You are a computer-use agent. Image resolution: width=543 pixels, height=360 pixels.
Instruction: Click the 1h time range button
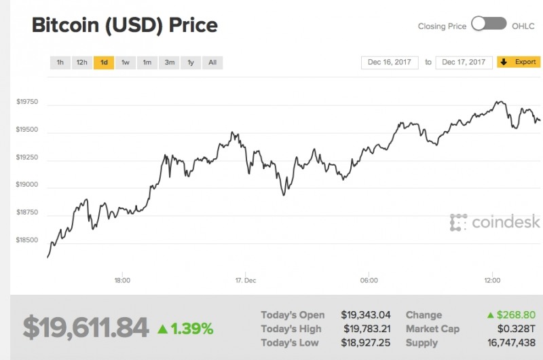pyautogui.click(x=60, y=62)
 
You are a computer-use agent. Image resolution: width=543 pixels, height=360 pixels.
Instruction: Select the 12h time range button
pyautogui.click(x=81, y=62)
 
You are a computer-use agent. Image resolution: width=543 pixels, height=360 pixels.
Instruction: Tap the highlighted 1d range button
pyautogui.click(x=104, y=62)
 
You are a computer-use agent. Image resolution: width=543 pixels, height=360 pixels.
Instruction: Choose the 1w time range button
pyautogui.click(x=126, y=62)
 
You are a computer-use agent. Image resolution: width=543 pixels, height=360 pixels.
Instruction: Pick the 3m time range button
pyautogui.click(x=169, y=62)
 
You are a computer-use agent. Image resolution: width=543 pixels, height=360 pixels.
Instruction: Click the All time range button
pyautogui.click(x=212, y=62)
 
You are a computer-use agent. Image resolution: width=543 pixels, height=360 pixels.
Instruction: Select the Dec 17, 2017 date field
pyautogui.click(x=464, y=62)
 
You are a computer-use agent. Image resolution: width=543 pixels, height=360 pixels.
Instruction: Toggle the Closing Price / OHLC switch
pyautogui.click(x=489, y=24)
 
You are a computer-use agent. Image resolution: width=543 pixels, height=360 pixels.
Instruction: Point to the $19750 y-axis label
pyautogui.click(x=27, y=102)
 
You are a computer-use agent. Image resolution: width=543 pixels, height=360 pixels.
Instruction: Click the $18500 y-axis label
pyautogui.click(x=27, y=240)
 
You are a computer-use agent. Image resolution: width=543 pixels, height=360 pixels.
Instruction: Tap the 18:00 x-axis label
pyautogui.click(x=122, y=280)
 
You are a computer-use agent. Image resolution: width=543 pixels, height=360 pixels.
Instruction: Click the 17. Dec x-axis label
pyautogui.click(x=245, y=280)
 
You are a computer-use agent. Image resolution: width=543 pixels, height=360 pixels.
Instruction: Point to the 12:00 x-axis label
pyautogui.click(x=492, y=280)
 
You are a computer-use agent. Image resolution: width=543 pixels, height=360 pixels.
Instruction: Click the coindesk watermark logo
pyautogui.click(x=495, y=221)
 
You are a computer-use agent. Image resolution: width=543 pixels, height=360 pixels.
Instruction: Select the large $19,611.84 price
pyautogui.click(x=86, y=328)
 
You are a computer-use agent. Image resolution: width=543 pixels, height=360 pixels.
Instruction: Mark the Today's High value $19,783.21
pyautogui.click(x=367, y=329)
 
